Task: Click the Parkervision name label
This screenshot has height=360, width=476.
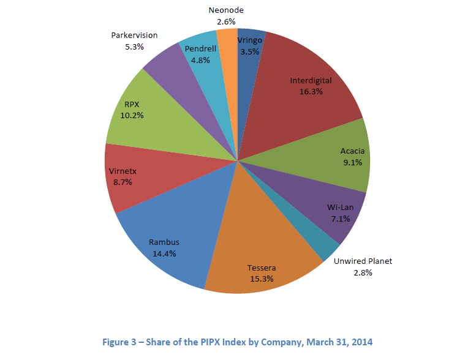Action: point(134,35)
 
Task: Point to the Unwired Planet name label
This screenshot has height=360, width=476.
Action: point(363,261)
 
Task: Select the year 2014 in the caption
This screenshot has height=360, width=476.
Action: point(360,342)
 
